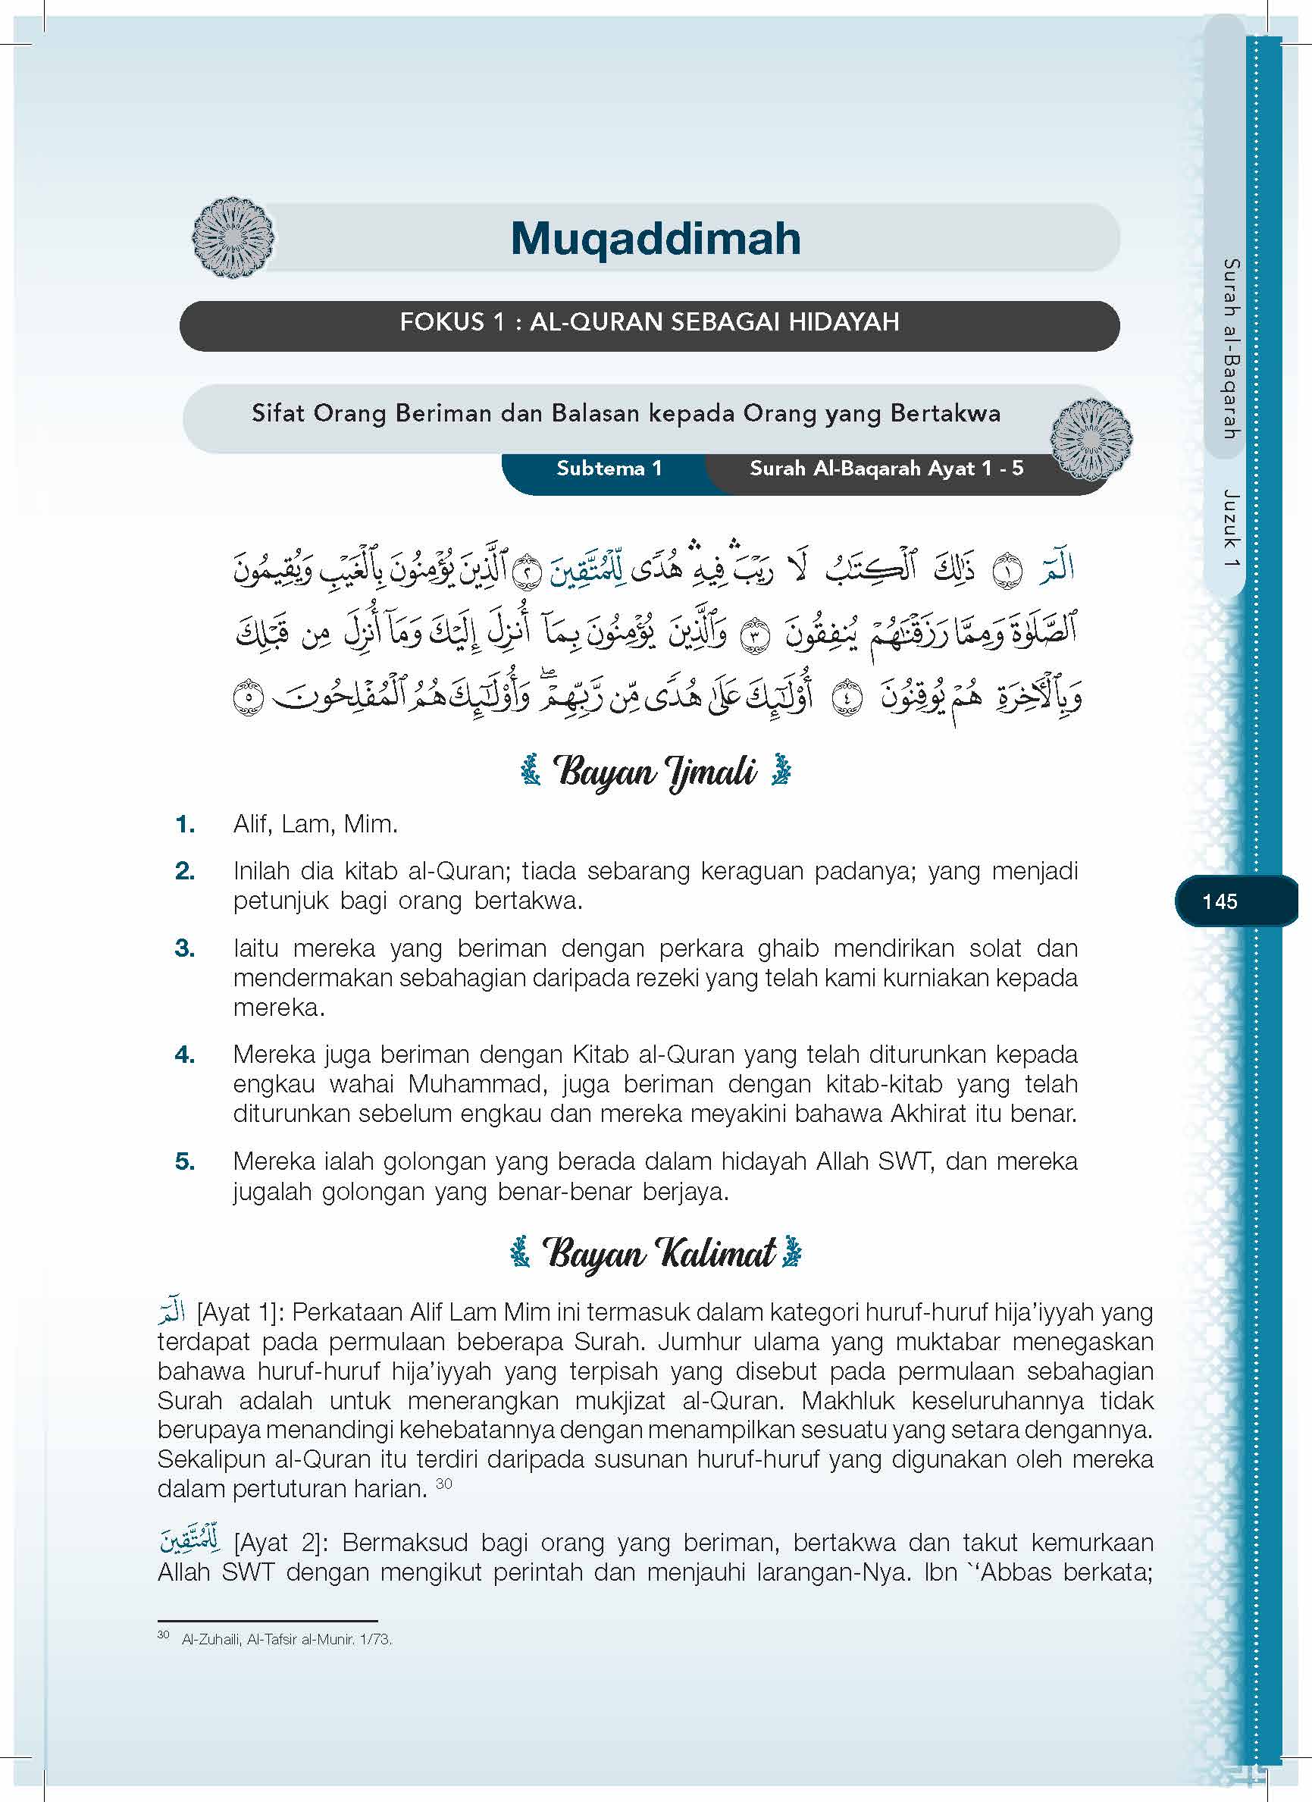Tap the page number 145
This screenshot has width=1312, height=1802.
[x=1219, y=901]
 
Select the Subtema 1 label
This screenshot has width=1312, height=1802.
[x=609, y=468]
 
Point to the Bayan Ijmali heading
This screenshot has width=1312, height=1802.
[x=654, y=772]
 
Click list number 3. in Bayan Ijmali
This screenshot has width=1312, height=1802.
[x=185, y=948]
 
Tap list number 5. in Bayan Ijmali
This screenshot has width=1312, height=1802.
[x=185, y=1161]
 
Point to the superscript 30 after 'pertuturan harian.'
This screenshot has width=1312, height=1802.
[x=444, y=1484]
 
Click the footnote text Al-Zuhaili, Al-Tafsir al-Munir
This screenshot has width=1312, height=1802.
[x=287, y=1639]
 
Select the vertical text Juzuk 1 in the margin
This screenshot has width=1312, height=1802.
[x=1230, y=529]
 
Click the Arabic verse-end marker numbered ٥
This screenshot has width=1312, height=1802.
[x=248, y=697]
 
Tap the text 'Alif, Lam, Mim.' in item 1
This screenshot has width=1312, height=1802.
[x=315, y=824]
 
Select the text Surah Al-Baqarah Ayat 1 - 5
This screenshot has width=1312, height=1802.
[x=886, y=468]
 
